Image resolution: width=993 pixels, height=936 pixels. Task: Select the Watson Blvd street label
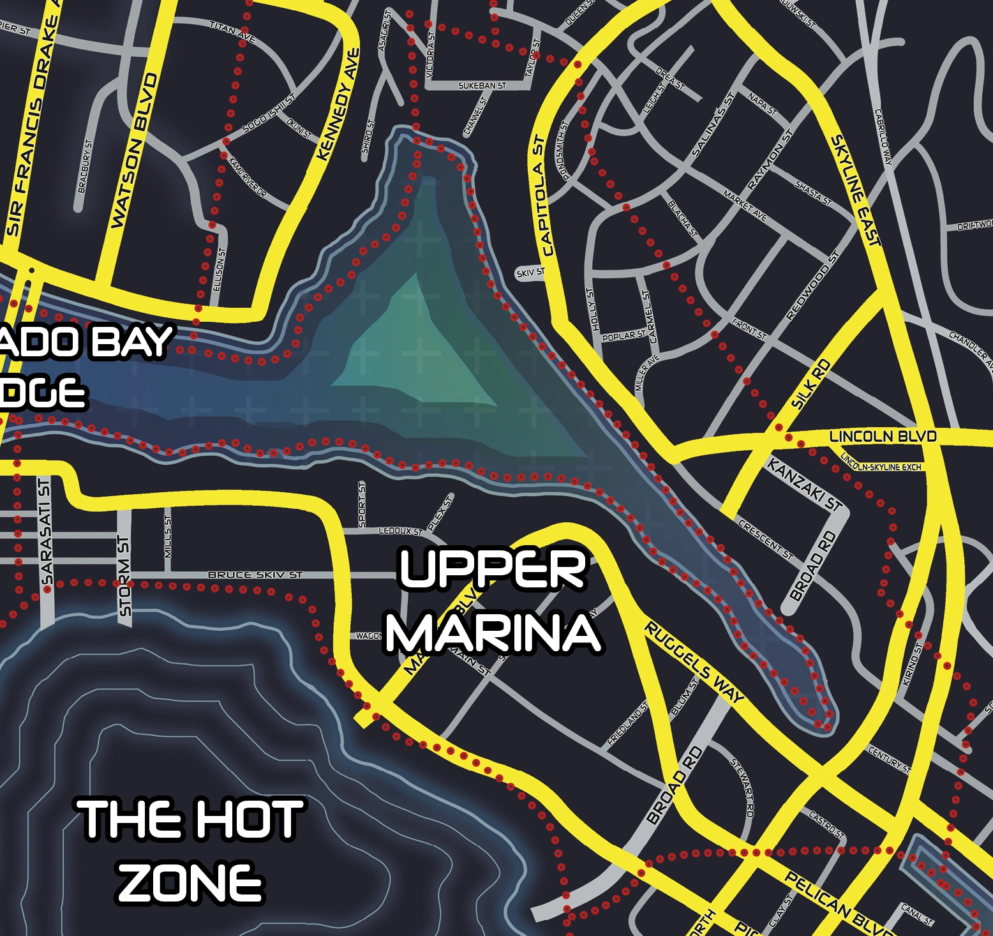[134, 151]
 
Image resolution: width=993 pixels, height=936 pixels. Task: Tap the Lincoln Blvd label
[883, 437]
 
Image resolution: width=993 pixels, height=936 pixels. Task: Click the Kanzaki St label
[805, 485]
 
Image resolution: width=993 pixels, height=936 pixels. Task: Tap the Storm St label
[124, 577]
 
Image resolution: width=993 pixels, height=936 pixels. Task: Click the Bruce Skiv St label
[255, 575]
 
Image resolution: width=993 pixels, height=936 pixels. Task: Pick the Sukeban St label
[482, 86]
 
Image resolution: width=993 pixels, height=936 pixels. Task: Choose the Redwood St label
[812, 285]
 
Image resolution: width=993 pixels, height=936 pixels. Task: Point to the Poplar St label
[623, 336]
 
